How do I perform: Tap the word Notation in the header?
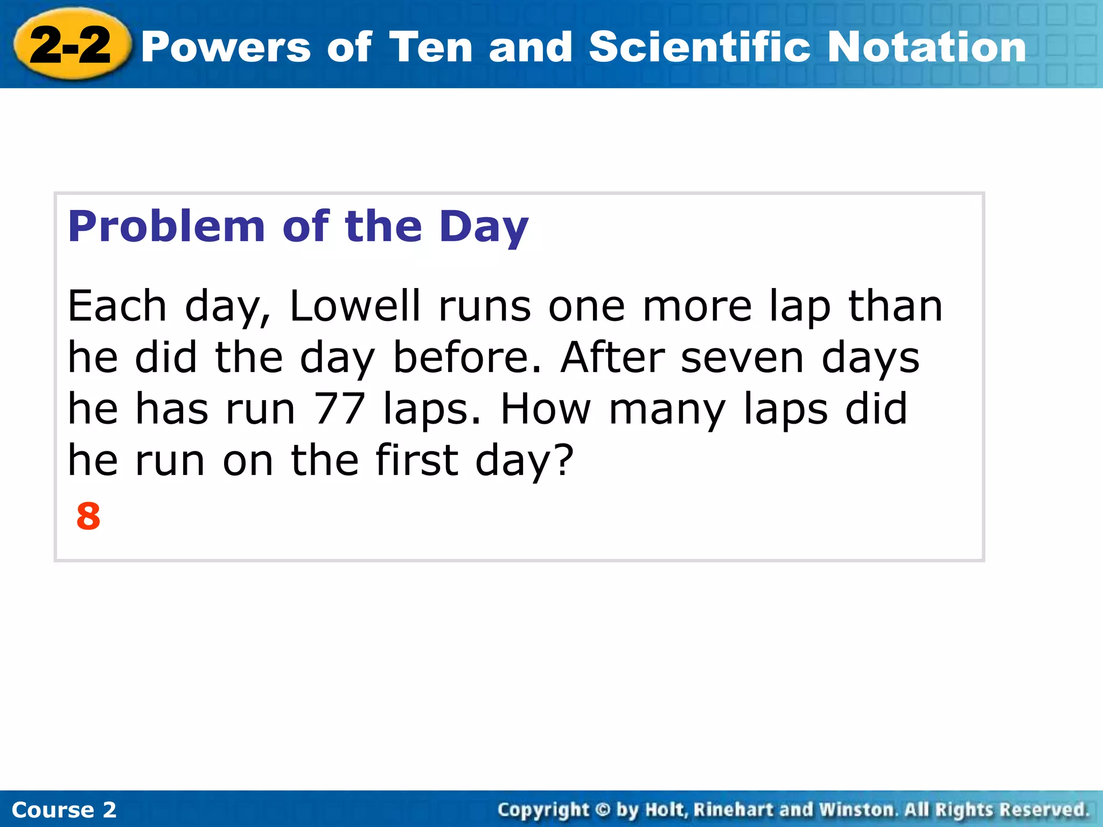(926, 47)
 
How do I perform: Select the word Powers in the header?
(226, 47)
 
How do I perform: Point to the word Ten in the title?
(430, 47)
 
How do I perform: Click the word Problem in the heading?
(166, 227)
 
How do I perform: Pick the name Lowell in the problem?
(355, 306)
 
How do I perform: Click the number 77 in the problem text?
(339, 409)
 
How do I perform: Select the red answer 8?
(88, 516)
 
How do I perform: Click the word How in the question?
(546, 409)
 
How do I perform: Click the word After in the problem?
(613, 358)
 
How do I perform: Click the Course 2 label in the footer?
(64, 810)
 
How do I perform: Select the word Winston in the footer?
(856, 810)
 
